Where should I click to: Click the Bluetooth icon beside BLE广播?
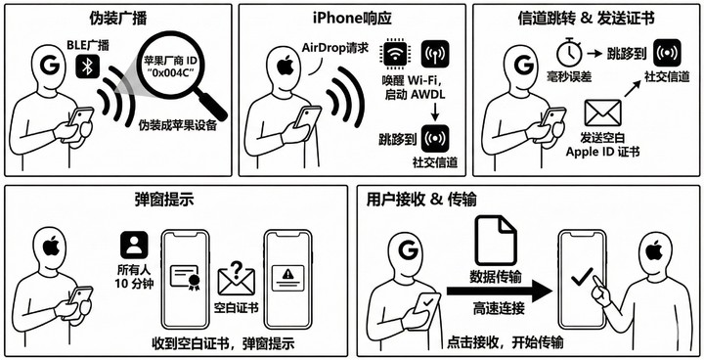pos(88,67)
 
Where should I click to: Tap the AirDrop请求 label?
pos(335,48)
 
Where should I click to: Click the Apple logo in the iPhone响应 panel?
pos(286,67)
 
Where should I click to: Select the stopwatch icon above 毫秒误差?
pos(569,52)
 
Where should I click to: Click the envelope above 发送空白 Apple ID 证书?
pos(603,112)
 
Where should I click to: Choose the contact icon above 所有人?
pos(134,245)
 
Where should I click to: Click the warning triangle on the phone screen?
pos(287,272)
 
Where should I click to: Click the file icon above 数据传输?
pos(496,241)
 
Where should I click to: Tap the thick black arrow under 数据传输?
pos(500,292)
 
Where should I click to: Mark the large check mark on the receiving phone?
pos(582,277)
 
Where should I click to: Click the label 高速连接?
pos(499,310)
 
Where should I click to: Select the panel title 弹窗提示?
pos(164,200)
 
